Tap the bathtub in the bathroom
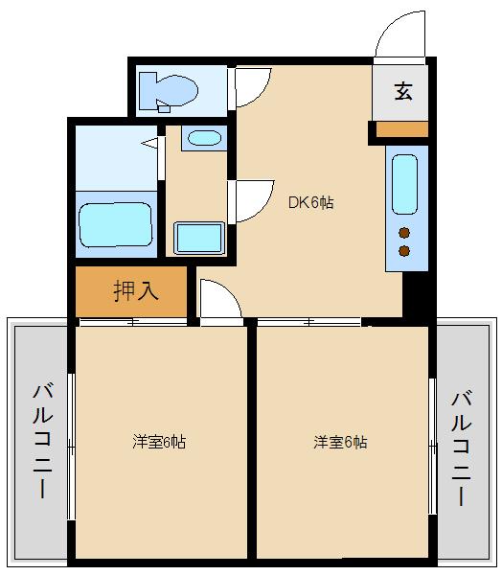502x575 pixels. coord(115,224)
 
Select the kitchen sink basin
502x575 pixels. coord(404,183)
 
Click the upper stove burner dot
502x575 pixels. coord(404,232)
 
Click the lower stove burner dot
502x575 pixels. coord(404,251)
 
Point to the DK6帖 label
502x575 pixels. coord(311,202)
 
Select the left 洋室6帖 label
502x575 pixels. coord(159,442)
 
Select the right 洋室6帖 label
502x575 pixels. coord(340,442)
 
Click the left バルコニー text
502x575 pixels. coord(42,440)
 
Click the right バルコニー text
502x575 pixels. coord(461,447)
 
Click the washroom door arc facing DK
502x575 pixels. coord(250,202)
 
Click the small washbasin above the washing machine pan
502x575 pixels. coord(203,138)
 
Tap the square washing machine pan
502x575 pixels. coord(198,237)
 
